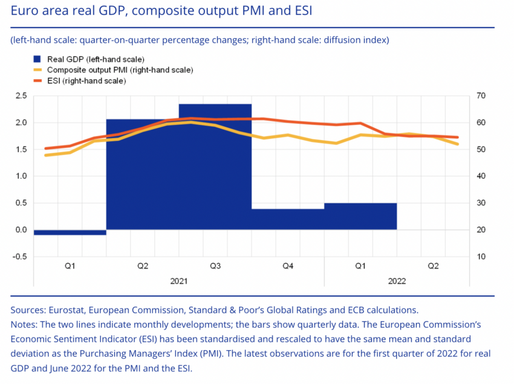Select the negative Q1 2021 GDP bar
70,232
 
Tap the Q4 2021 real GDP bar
288,219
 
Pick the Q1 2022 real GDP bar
360,216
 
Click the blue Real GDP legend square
37,59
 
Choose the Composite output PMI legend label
120,70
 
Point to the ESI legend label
86,81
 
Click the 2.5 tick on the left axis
21,96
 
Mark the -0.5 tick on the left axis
20,257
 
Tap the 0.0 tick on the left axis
21,230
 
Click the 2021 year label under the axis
179,281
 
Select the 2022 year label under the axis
397,281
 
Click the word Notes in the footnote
23,325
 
